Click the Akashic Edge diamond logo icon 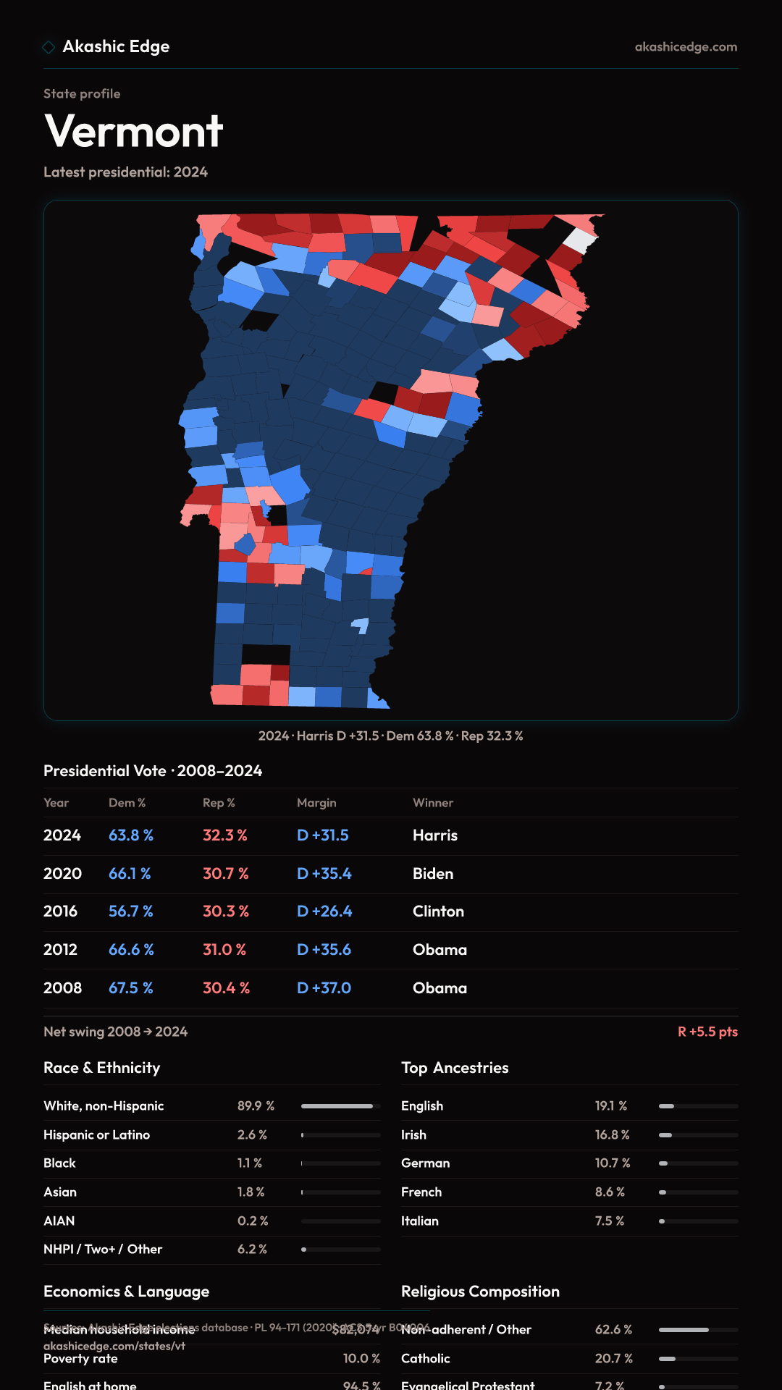49,47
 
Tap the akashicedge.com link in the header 686,47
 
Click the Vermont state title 134,131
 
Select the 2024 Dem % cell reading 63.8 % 131,835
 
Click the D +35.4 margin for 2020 324,874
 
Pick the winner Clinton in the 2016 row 438,911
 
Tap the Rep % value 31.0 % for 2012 224,950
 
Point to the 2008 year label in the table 62,988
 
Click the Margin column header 316,803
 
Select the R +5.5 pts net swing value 707,1032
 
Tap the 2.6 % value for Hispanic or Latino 252,1135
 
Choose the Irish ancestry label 413,1135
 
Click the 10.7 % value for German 613,1163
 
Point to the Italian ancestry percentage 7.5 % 609,1221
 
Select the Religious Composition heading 480,1292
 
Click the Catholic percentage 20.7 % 613,1359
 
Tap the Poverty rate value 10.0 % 361,1359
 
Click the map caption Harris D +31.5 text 337,736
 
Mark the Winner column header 433,803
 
